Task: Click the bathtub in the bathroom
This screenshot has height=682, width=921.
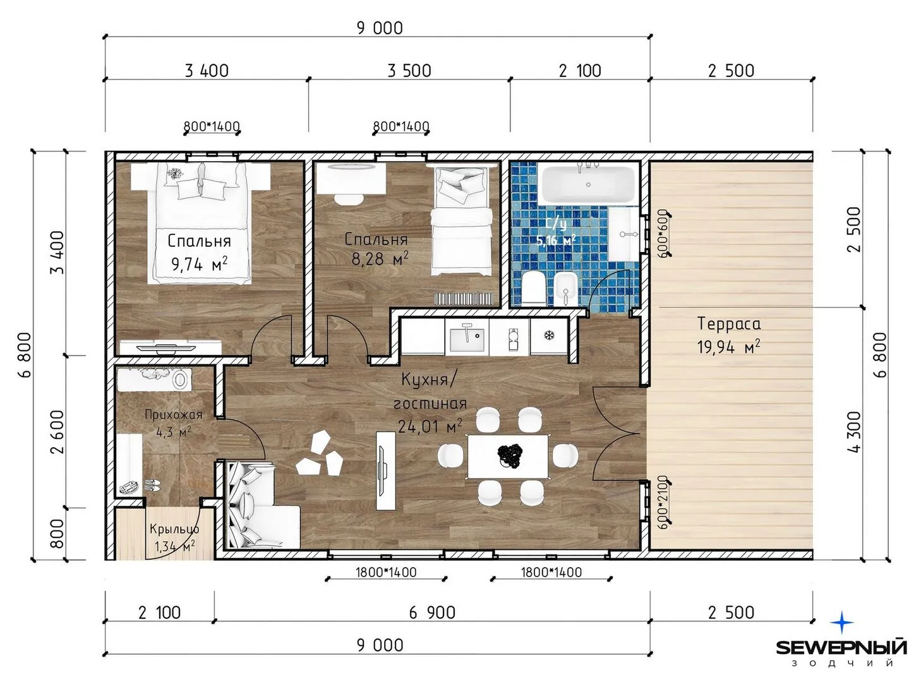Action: pyautogui.click(x=588, y=185)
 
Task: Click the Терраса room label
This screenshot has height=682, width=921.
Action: pyautogui.click(x=729, y=324)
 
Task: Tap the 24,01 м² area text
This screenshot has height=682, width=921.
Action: pyautogui.click(x=430, y=426)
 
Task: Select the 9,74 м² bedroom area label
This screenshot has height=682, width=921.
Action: pyautogui.click(x=200, y=263)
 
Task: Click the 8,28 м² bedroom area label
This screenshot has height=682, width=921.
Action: pyautogui.click(x=380, y=258)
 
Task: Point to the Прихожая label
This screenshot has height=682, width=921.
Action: pyautogui.click(x=174, y=414)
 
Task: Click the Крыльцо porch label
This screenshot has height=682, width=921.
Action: pyautogui.click(x=174, y=529)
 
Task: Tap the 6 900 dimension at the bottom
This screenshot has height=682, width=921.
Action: pyautogui.click(x=432, y=613)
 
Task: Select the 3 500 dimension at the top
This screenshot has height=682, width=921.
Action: pyautogui.click(x=409, y=71)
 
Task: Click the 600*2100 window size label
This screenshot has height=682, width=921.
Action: pyautogui.click(x=663, y=502)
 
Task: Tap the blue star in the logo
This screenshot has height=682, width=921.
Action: pyautogui.click(x=841, y=623)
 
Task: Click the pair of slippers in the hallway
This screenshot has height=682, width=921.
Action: pyautogui.click(x=152, y=485)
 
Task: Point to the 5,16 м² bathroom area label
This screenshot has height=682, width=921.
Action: pyautogui.click(x=557, y=240)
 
